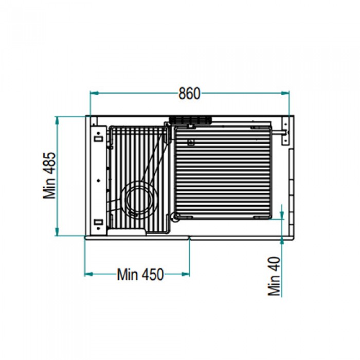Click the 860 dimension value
click(189, 94)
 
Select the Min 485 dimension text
click(50, 175)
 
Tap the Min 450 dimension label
click(140, 274)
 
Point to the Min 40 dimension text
click(274, 276)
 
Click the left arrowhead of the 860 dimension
click(94, 93)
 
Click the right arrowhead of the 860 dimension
click(285, 93)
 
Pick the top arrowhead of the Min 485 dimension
click(57, 121)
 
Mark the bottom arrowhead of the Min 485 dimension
click(57, 231)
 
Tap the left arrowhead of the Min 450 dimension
click(88, 274)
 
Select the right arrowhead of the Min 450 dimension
click(186, 274)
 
